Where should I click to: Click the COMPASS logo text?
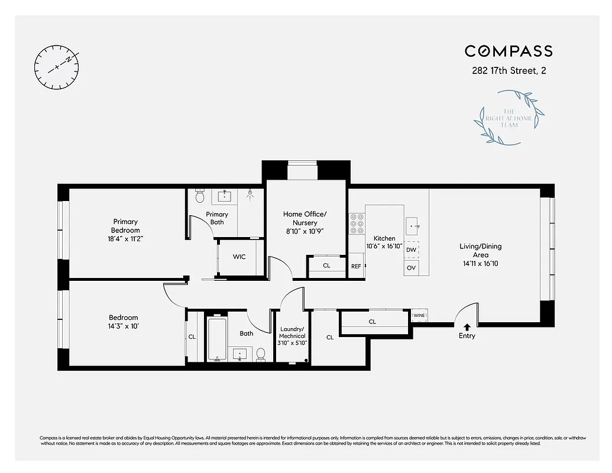point(509,51)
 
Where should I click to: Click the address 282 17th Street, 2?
point(509,72)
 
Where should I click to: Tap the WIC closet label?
point(239,257)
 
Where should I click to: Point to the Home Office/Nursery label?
point(305,218)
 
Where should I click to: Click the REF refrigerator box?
point(356,267)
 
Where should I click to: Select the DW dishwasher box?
point(411,250)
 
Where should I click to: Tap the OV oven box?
point(411,268)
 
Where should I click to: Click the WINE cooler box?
point(419,316)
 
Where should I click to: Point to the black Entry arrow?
point(467,326)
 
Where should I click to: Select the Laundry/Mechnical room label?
point(292,336)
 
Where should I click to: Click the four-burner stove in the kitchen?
point(357,224)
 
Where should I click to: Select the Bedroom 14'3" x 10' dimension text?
point(124,326)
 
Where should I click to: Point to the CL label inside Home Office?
point(326,266)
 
